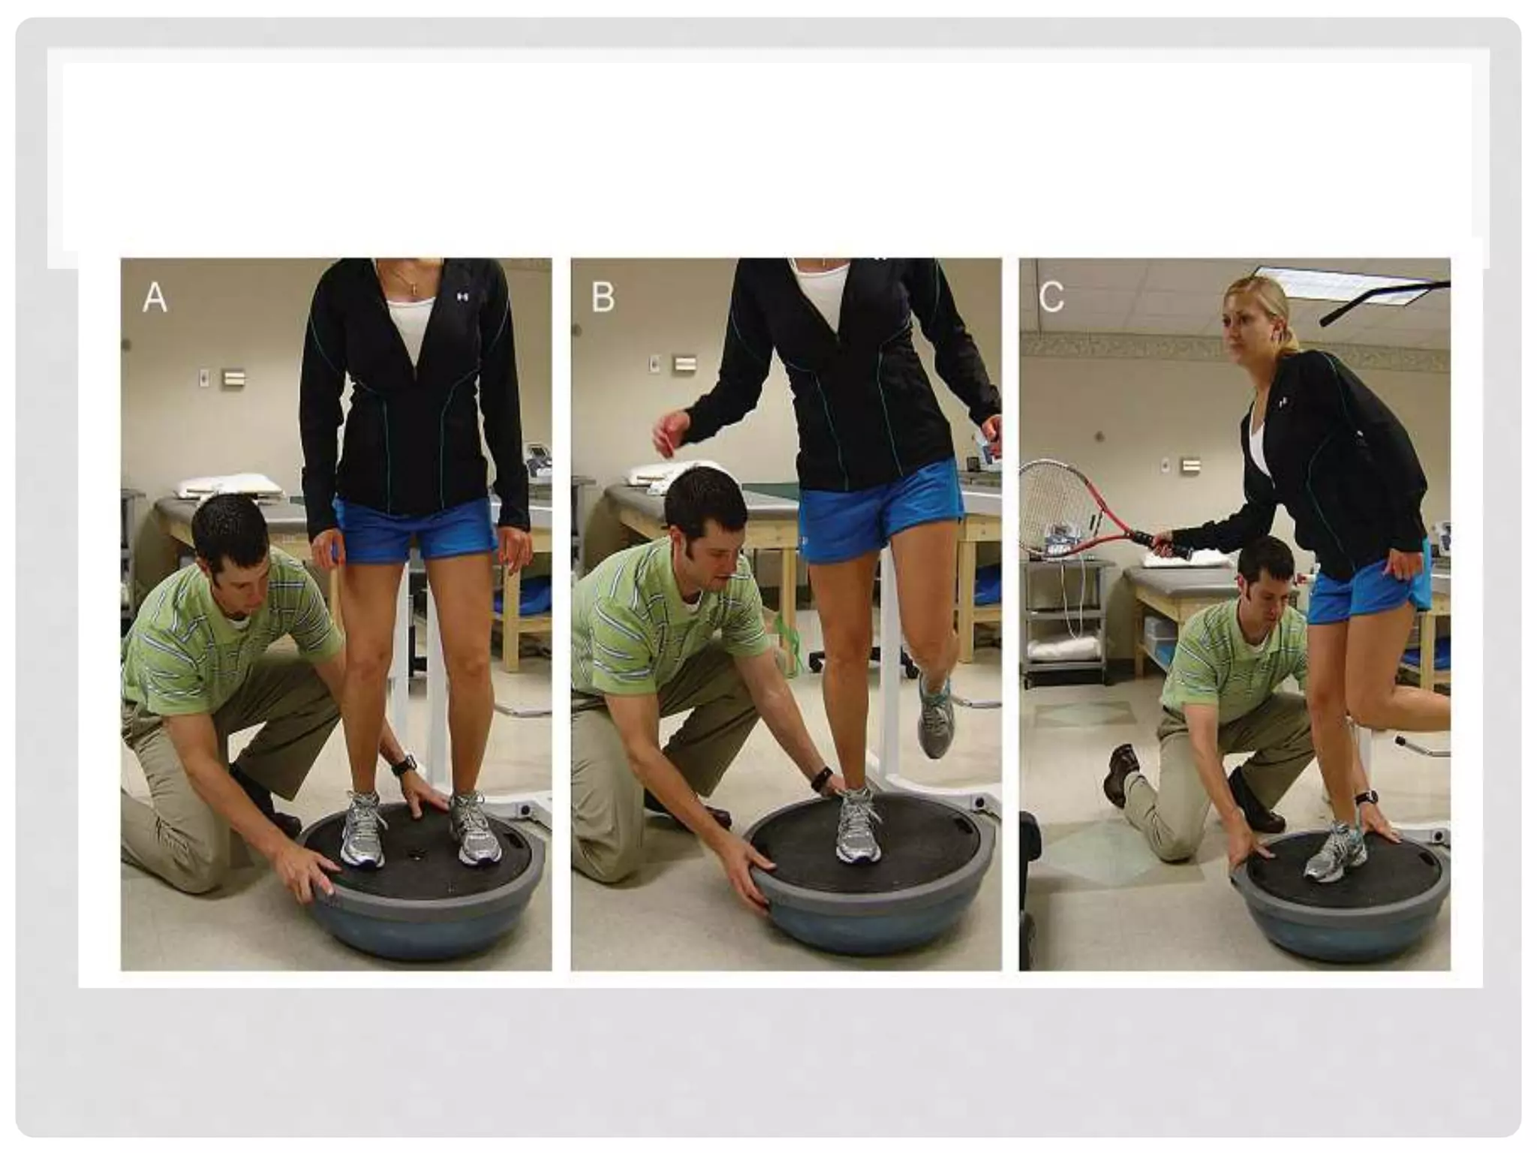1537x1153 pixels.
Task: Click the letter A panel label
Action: click(155, 297)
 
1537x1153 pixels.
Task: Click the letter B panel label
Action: click(603, 297)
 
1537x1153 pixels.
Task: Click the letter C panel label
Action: click(1051, 297)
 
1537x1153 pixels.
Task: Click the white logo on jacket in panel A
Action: click(462, 297)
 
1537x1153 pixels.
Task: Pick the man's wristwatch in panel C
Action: click(1366, 797)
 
